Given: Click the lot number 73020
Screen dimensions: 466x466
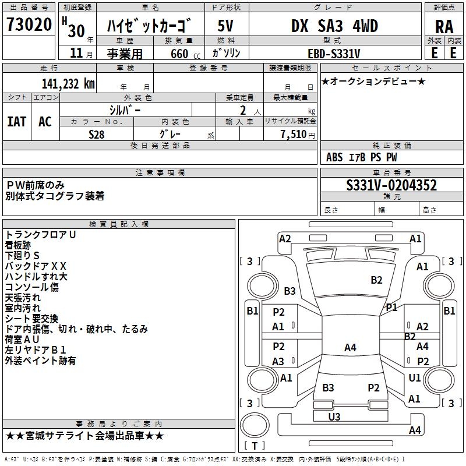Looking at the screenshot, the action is [x=29, y=26].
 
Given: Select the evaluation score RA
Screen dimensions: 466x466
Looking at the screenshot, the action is [x=444, y=26].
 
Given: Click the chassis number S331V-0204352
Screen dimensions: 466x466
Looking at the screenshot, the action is [x=391, y=186].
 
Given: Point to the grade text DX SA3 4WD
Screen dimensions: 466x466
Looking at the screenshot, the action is [x=334, y=26].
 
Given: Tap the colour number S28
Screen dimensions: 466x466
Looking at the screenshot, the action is [x=97, y=133].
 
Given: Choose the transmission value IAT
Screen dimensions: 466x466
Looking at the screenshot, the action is [x=17, y=121].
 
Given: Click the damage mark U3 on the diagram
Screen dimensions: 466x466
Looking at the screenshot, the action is [x=334, y=416].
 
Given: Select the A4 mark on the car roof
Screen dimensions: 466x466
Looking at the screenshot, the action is [x=349, y=348].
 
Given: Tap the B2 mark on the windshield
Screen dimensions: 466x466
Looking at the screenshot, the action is [x=376, y=280].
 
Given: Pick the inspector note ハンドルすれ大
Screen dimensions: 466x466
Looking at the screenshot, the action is [x=36, y=276].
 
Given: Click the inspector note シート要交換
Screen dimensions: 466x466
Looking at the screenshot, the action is [x=31, y=319].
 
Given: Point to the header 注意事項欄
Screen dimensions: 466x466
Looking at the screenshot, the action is [x=160, y=172].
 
